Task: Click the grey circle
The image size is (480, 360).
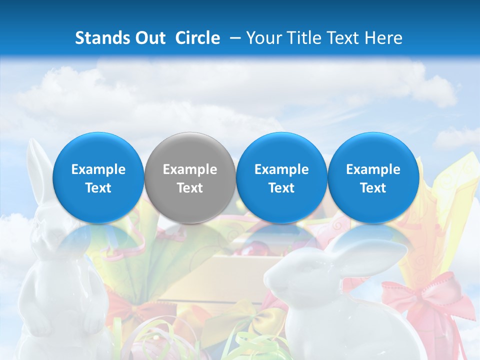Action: (190, 178)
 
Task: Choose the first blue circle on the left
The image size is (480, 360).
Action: (98, 178)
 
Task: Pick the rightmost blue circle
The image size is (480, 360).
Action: (373, 178)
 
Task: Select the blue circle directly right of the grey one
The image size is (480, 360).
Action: (281, 178)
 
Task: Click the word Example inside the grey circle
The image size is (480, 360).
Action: (190, 169)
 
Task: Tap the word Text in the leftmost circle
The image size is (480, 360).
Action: (98, 188)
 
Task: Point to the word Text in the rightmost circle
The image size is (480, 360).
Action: (373, 188)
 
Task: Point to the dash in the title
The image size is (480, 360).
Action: (233, 38)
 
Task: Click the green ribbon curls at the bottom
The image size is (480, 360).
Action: (250, 345)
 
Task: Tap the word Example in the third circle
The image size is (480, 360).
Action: (281, 169)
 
